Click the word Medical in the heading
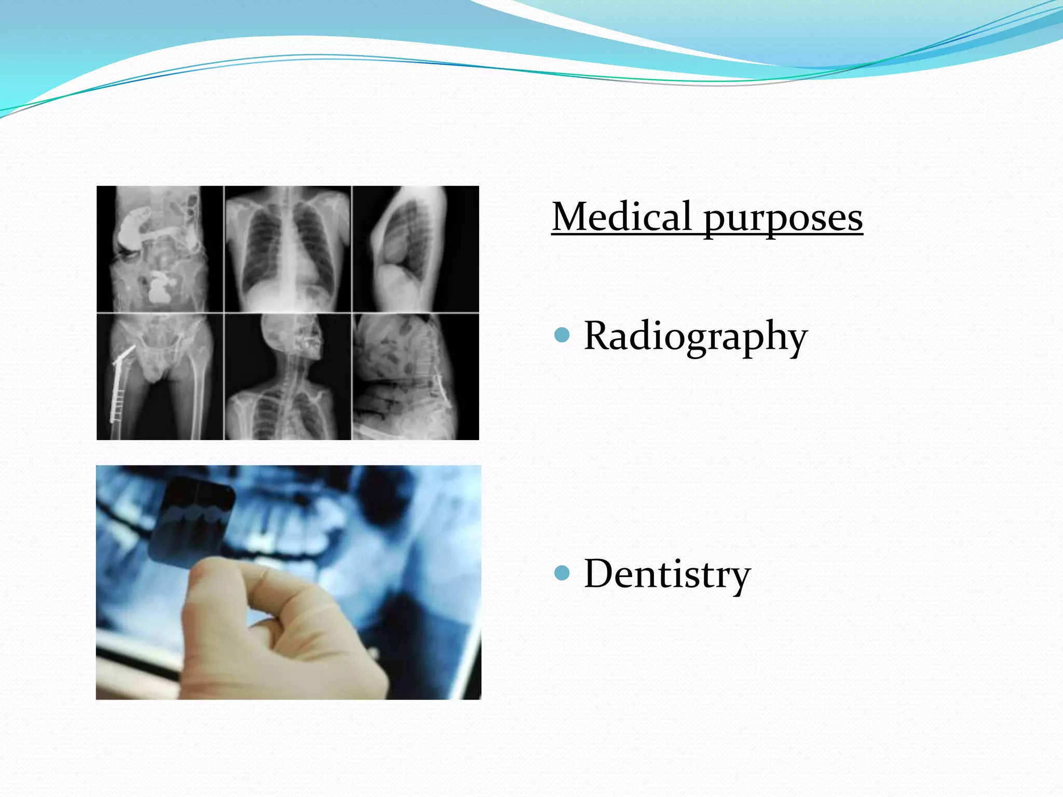point(621,217)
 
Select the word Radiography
point(695,336)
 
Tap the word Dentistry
point(667,574)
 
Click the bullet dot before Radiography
point(562,335)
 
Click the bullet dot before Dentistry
point(562,573)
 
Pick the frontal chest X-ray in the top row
point(288,249)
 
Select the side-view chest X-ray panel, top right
point(415,249)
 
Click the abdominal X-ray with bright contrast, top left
point(160,249)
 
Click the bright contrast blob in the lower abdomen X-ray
point(161,291)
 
